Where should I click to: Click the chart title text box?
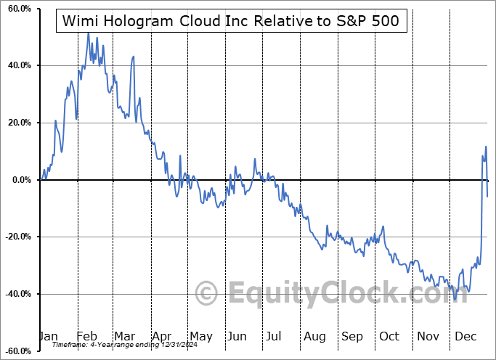(231, 22)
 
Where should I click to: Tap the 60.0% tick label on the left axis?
(18, 9)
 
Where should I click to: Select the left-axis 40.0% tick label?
(18, 66)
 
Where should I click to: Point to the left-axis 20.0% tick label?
(18, 123)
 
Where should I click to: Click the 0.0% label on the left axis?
(20, 180)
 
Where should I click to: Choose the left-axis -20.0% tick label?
(17, 237)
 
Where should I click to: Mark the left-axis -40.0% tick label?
(17, 294)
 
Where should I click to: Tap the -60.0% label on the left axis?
(17, 351)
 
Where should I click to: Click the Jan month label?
(48, 336)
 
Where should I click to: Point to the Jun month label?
(237, 336)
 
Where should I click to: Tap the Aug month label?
(314, 336)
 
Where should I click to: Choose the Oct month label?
(389, 336)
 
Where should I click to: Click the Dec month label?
(464, 336)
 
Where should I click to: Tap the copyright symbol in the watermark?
(208, 293)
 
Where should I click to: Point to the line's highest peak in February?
(88, 33)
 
